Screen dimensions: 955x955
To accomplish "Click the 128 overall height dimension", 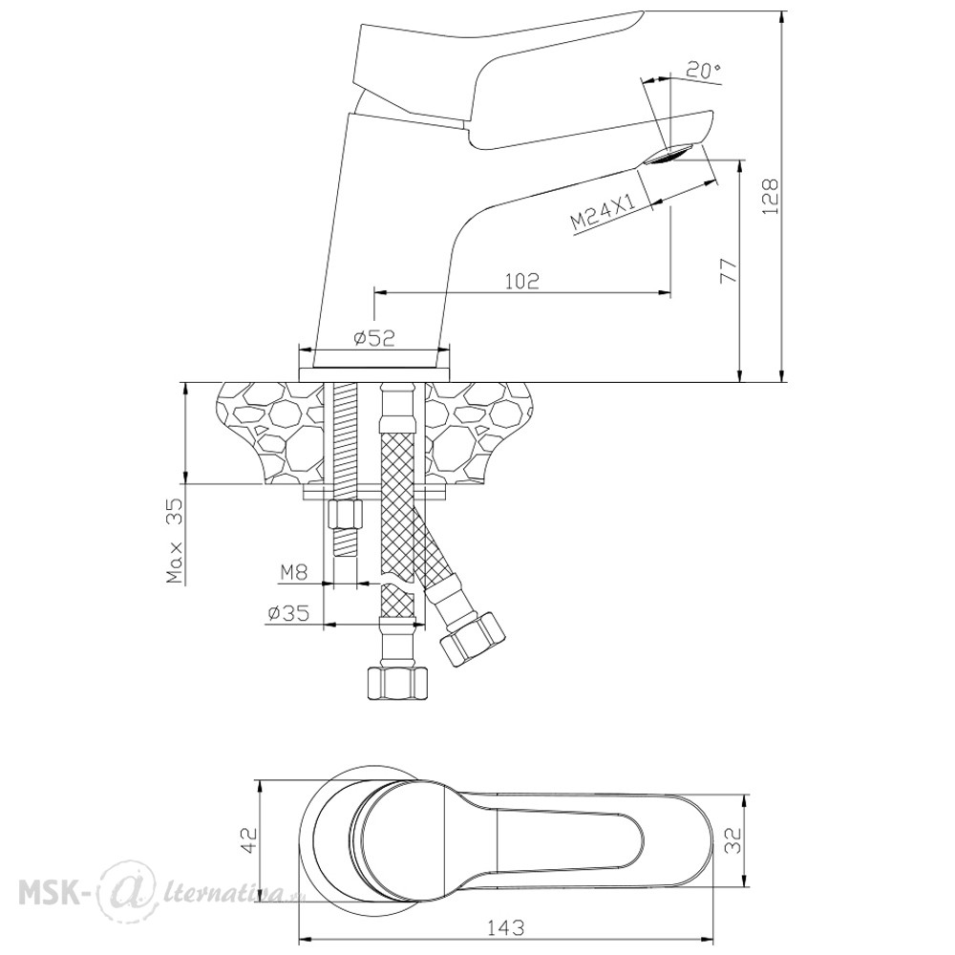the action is pos(771,196).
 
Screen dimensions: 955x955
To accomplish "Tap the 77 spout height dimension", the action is pos(728,270).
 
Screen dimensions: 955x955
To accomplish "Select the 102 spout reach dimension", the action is pos(522,281).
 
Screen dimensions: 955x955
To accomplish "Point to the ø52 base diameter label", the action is pos(374,337).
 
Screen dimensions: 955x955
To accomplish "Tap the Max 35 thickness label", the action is pos(176,541).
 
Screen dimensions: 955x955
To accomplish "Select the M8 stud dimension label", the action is pos(294,572).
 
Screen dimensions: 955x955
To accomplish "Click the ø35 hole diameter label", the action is pos(288,613).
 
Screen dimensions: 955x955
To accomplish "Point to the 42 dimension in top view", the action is pos(250,840).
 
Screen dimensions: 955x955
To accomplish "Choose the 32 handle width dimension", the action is pos(735,839).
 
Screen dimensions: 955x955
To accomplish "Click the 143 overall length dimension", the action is pos(505,927).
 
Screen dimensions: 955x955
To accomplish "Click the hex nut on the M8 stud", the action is pos(345,516).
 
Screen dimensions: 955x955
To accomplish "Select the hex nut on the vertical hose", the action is pos(396,684).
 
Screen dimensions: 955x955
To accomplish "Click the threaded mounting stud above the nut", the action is pos(345,441).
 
